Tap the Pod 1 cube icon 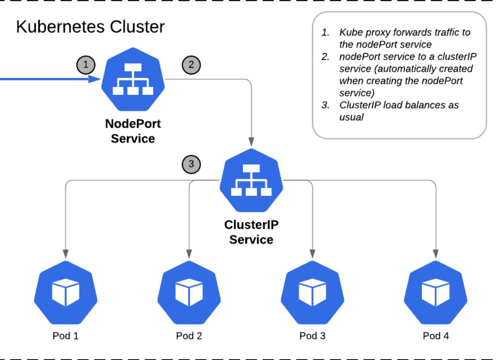[66, 292]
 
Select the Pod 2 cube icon [189, 292]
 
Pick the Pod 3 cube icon [312, 292]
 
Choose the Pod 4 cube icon [435, 292]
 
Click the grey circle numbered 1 [86, 65]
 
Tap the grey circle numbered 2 [191, 65]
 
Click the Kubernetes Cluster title [90, 27]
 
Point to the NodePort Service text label [133, 131]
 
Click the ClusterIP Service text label [251, 232]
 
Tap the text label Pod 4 [436, 336]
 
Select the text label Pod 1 [66, 336]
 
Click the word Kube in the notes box [349, 32]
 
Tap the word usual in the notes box [351, 117]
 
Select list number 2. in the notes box [325, 57]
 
